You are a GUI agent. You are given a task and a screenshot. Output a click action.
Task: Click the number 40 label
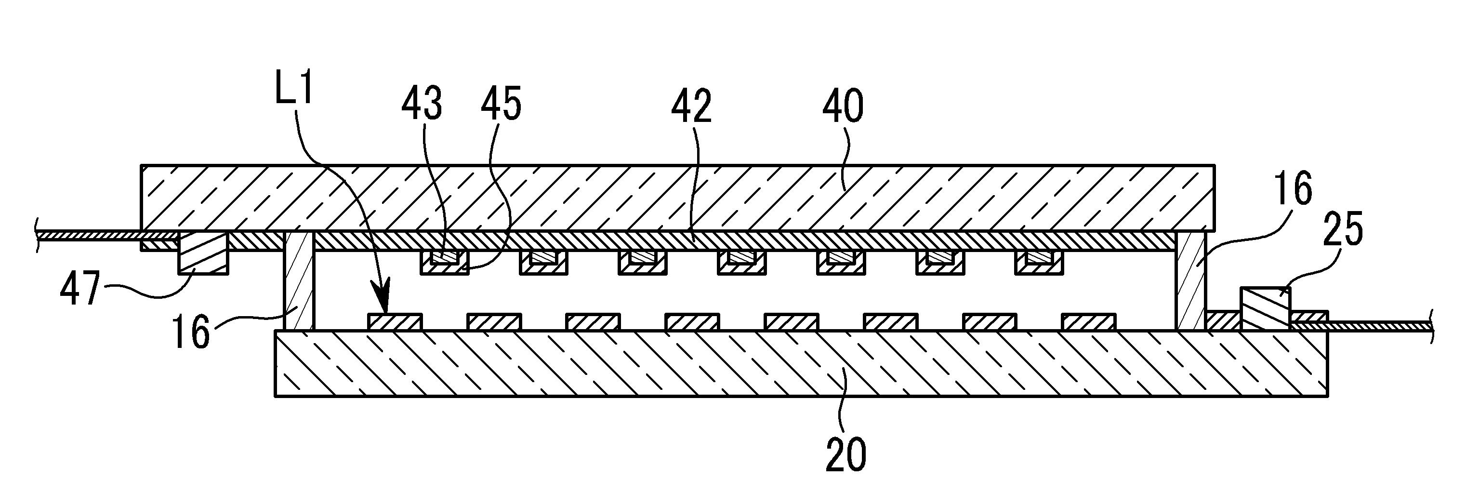coord(843,107)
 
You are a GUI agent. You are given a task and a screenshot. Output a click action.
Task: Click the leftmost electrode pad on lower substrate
coord(395,322)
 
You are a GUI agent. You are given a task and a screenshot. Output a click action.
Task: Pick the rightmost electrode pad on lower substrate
coord(1088,322)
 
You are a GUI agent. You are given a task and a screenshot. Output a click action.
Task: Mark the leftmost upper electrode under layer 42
coord(444,262)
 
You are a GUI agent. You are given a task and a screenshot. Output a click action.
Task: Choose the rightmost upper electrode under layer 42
coord(1039,262)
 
